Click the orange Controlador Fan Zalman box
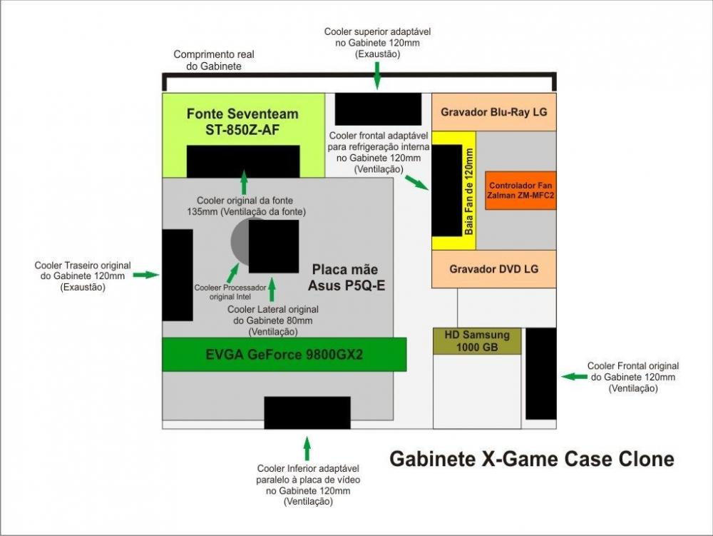point(520,191)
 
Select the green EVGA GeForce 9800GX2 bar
point(284,355)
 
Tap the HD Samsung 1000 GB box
point(477,341)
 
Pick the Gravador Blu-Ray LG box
point(494,112)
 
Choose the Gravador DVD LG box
point(494,269)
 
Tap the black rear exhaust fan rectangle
point(178,275)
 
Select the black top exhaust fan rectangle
point(378,108)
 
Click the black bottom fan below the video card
point(307,413)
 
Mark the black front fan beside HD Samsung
point(540,373)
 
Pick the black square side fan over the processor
point(274,246)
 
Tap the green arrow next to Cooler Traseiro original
point(146,275)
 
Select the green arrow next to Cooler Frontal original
point(573,375)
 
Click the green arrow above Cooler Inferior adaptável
point(307,448)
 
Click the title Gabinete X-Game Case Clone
point(531,458)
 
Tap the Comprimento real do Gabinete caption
point(214,60)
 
